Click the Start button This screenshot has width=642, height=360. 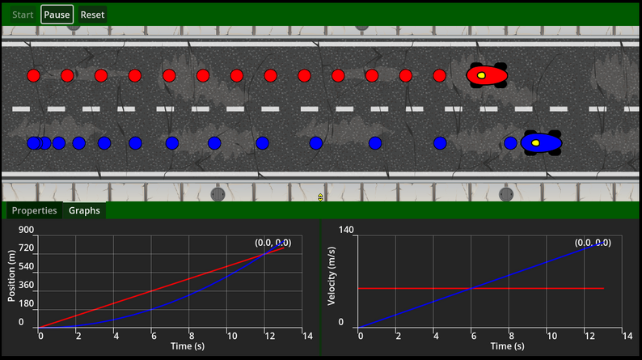point(23,15)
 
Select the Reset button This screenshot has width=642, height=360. point(92,15)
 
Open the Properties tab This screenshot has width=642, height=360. point(34,210)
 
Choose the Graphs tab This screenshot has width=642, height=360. point(84,210)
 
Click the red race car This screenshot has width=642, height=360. point(488,75)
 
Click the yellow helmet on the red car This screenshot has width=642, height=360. point(480,76)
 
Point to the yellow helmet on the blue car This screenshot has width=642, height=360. point(535,143)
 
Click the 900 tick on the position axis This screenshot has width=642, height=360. point(26,230)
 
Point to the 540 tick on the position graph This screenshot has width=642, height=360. point(26,267)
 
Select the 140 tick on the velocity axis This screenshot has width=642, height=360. point(346,230)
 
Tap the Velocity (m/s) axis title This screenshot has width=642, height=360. point(332,277)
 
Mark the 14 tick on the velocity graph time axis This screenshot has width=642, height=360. point(623,335)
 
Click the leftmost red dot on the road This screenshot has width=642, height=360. point(33,76)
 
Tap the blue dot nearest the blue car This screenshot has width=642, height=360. point(510,143)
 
